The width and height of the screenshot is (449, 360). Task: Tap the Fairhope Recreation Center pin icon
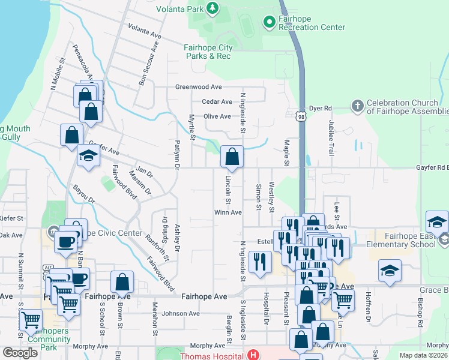(x=269, y=22)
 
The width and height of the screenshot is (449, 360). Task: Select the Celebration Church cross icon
(x=357, y=106)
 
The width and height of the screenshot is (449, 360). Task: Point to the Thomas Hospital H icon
(x=255, y=355)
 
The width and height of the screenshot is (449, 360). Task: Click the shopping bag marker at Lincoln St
(x=232, y=158)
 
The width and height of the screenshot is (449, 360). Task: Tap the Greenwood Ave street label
(x=199, y=87)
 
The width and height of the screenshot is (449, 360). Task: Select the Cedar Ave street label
(x=217, y=102)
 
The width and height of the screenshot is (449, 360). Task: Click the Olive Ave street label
(x=217, y=116)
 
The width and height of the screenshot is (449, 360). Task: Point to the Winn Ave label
(x=228, y=212)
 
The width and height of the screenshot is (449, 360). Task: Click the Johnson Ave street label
(x=181, y=313)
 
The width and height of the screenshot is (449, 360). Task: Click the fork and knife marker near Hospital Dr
(x=260, y=262)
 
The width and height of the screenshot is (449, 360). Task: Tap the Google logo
(x=20, y=353)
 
